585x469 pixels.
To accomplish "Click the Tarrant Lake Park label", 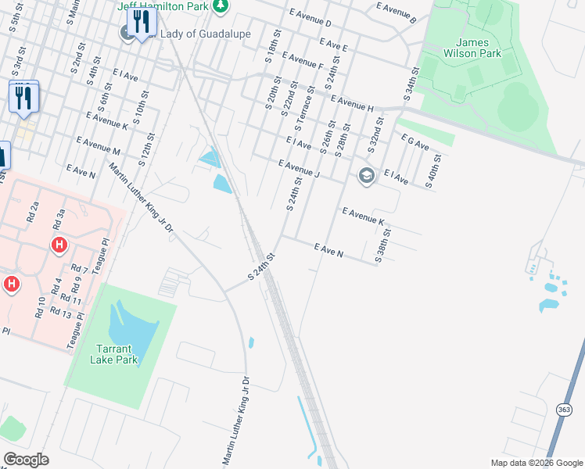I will pyautogui.click(x=117, y=354).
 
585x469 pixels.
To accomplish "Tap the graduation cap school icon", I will pyautogui.click(x=366, y=175).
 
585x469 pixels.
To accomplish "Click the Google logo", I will pyautogui.click(x=25, y=460).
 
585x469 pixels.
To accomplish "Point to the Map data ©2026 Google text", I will pyautogui.click(x=536, y=463).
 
